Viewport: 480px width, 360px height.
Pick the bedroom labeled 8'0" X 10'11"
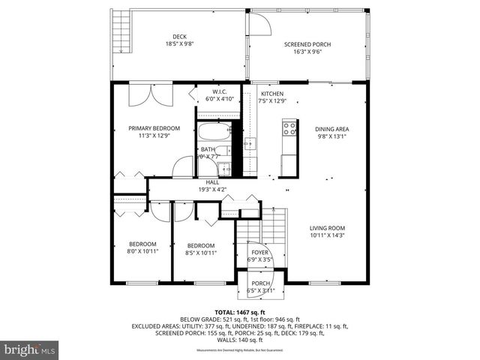(x=141, y=248)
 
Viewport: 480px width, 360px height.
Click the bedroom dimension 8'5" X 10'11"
(x=200, y=253)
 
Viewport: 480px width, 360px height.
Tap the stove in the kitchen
(x=288, y=133)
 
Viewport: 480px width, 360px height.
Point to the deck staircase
(x=120, y=31)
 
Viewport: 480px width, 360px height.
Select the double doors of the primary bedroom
(x=151, y=95)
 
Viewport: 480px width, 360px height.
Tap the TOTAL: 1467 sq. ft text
(x=240, y=311)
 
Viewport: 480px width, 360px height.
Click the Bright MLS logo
(x=30, y=349)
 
